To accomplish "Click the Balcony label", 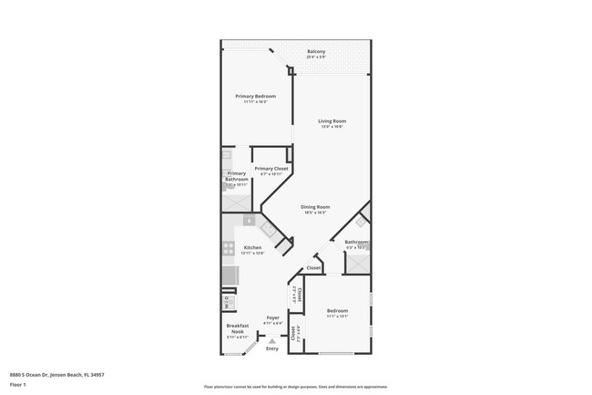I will coord(317,51).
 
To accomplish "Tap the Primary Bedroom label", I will coord(255,96).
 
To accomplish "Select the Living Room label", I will coord(332,120).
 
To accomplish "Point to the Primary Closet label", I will coord(271,168).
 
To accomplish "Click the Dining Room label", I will coord(316,207).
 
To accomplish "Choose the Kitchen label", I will coord(252,247).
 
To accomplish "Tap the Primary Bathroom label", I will coord(237,176).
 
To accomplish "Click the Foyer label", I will coord(271,317).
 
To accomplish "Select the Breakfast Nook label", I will coord(237,329).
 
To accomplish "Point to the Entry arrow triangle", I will coord(271,339).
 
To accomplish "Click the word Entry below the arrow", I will coord(271,348).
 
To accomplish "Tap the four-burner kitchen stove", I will coord(228,246).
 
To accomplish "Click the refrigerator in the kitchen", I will coord(229,274).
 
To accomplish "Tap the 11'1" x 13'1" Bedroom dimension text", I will coord(338,317).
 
